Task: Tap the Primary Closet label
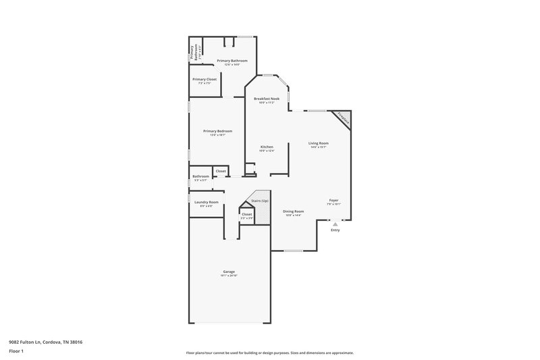(204, 79)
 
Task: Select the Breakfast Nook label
(267, 99)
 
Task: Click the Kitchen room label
(267, 147)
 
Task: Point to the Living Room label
(319, 143)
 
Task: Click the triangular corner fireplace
(345, 118)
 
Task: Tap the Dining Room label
(293, 211)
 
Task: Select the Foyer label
(333, 201)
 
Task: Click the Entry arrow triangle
(335, 224)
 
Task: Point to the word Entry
(335, 230)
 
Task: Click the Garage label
(229, 272)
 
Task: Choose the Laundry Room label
(207, 202)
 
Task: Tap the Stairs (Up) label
(260, 201)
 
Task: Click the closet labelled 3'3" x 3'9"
(246, 215)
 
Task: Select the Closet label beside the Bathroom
(221, 171)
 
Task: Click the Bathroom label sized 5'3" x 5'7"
(200, 177)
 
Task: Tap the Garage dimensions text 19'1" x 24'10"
(229, 276)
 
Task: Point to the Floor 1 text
(16, 352)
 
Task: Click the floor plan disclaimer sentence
(270, 353)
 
